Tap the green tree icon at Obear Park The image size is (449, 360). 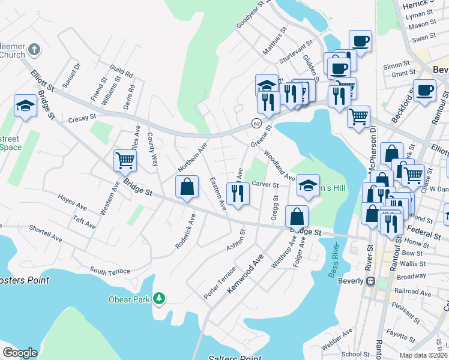pyautogui.click(x=159, y=298)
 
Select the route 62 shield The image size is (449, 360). pyautogui.click(x=256, y=123)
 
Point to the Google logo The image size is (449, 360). pyautogui.click(x=20, y=353)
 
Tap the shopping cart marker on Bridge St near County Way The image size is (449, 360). pyautogui.click(x=125, y=160)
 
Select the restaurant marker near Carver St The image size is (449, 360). pyautogui.click(x=238, y=193)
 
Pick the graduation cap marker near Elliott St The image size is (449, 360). pyautogui.click(x=25, y=106)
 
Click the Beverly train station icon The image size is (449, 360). pyautogui.click(x=370, y=281)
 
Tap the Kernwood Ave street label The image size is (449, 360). pyautogui.click(x=246, y=274)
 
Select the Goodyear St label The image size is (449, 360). pyautogui.click(x=250, y=14)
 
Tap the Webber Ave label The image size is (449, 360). pyautogui.click(x=336, y=343)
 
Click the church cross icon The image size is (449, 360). pyautogui.click(x=35, y=49)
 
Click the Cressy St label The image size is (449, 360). pyautogui.click(x=82, y=118)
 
